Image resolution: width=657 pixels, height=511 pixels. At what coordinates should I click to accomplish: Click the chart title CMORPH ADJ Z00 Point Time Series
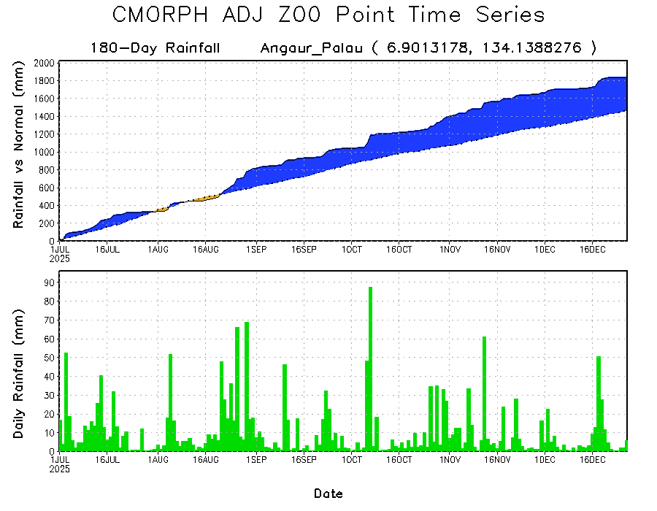[x=328, y=15]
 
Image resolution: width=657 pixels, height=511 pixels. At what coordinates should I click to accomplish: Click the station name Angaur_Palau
[x=311, y=48]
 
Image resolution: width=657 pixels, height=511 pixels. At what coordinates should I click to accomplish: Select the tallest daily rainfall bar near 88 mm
[x=371, y=365]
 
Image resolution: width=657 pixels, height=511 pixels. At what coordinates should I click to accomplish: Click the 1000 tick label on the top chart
[x=50, y=152]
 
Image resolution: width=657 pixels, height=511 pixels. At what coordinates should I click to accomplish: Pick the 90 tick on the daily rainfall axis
[x=52, y=282]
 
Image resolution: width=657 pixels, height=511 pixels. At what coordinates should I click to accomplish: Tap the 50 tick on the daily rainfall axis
[x=52, y=358]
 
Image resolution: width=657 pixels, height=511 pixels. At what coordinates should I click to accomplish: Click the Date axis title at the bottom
[x=328, y=493]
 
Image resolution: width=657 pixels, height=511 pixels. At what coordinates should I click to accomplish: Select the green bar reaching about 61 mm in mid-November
[x=484, y=394]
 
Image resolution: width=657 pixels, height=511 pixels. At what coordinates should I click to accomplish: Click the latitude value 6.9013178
[x=420, y=48]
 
